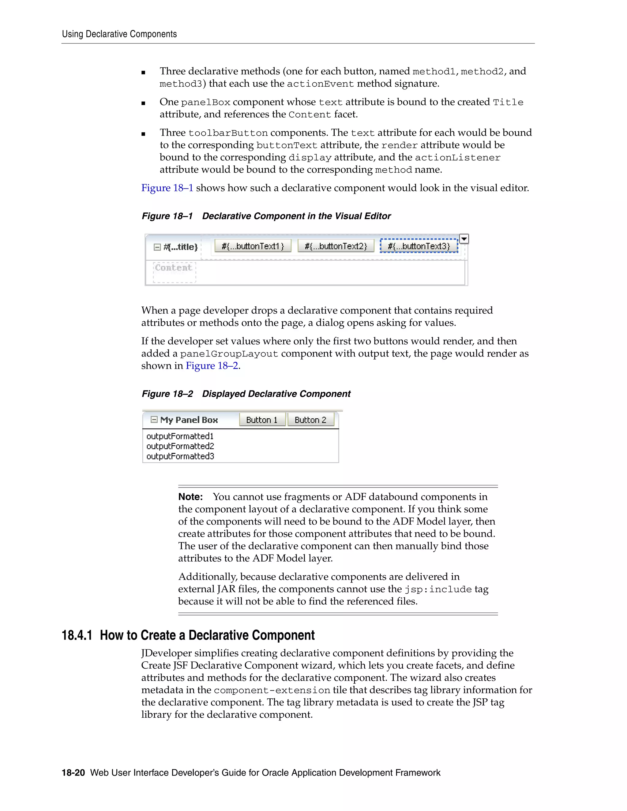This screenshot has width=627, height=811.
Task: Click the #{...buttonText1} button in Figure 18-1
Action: (253, 246)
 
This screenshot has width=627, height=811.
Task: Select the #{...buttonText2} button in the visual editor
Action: (336, 246)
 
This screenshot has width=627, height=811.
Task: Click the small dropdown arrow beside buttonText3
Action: (464, 238)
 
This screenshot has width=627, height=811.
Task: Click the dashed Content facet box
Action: (174, 272)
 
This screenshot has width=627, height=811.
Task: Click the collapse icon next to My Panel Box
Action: (154, 420)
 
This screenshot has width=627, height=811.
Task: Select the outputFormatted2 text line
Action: (180, 446)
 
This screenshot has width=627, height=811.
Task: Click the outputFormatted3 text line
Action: (180, 456)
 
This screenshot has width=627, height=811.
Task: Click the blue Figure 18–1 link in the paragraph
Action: (167, 188)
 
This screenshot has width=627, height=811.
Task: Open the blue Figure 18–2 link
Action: (212, 366)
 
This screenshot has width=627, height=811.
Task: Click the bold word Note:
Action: (190, 497)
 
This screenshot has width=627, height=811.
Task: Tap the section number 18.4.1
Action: (77, 635)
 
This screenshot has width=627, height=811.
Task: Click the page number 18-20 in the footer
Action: (73, 773)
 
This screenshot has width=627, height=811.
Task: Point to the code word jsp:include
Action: (438, 590)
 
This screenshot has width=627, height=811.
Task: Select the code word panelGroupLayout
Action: (229, 354)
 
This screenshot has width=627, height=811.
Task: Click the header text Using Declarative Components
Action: (119, 34)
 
